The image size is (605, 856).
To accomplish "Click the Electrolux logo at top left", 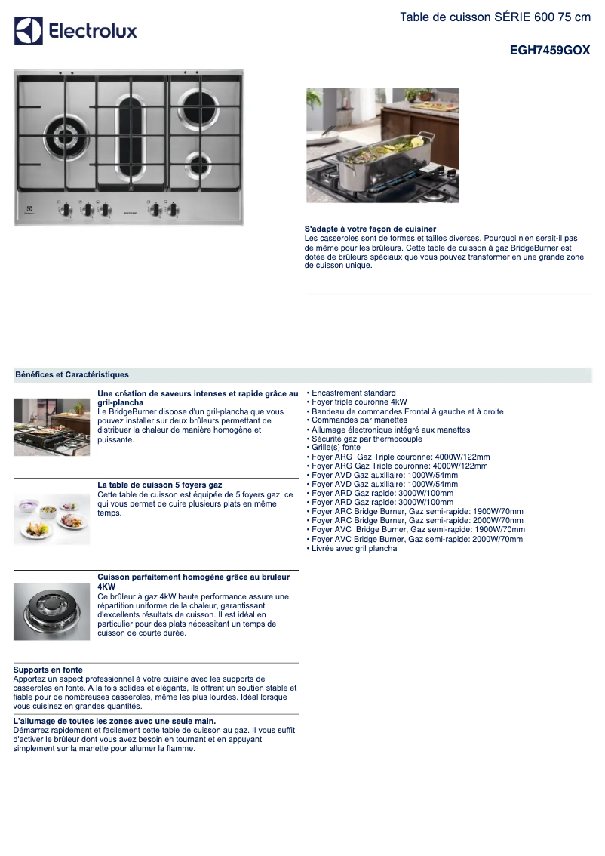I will tap(75, 31).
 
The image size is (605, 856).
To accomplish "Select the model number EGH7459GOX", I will tap(550, 51).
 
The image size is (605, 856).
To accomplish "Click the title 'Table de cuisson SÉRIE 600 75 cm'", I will tap(495, 17).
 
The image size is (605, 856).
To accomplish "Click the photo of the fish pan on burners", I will tap(382, 145).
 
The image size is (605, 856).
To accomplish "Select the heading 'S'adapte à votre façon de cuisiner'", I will tap(370, 229).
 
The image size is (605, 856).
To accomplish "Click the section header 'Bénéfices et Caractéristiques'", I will tap(72, 374).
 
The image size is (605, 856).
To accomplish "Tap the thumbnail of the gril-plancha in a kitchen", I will tap(51, 426).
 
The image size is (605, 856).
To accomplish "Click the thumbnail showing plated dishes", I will tap(51, 519).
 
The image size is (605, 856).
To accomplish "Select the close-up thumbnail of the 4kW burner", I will tap(51, 611).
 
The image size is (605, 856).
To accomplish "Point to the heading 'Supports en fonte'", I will tap(48, 670).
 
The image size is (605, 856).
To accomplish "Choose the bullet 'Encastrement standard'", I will tap(353, 393).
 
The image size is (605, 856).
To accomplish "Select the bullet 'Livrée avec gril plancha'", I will tap(354, 549).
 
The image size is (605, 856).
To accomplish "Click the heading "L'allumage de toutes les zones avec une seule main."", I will tap(115, 722).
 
